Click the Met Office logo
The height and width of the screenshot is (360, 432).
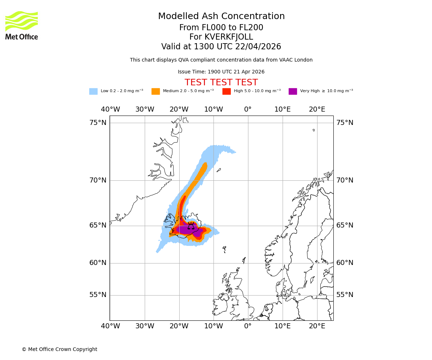(x=22, y=25)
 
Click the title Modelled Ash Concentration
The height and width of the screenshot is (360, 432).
(x=221, y=17)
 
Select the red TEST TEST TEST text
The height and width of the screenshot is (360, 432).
(x=221, y=83)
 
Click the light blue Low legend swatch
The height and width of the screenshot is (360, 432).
(x=93, y=91)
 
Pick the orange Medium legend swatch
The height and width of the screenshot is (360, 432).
(x=156, y=91)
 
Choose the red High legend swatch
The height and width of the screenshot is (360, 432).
(x=226, y=91)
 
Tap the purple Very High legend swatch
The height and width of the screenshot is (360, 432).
(x=293, y=91)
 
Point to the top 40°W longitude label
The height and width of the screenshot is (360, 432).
(x=110, y=109)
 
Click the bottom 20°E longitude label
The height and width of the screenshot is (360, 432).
(x=317, y=326)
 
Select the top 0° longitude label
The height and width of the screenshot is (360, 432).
(x=248, y=109)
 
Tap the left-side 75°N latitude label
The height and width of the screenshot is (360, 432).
(x=98, y=123)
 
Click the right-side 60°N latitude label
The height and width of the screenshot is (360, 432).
(x=345, y=263)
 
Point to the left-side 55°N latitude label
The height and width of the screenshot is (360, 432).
(x=98, y=295)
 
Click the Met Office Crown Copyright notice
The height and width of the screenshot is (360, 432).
(x=59, y=350)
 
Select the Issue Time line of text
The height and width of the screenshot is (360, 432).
(x=221, y=72)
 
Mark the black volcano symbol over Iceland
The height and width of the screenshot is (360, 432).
(x=191, y=226)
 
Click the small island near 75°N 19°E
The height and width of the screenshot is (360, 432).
(x=314, y=130)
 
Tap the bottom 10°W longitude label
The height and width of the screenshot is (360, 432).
(x=213, y=326)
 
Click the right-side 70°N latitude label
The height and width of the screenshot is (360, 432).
(x=345, y=180)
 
